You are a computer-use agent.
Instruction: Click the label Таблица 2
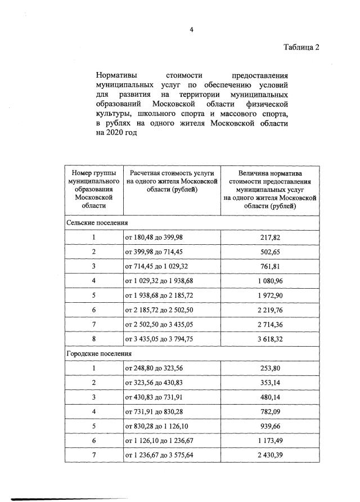302,47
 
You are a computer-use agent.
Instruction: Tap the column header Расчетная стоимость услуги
171,182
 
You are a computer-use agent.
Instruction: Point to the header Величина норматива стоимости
270,190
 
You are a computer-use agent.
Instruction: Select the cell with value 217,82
270,237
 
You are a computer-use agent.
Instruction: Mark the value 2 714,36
270,325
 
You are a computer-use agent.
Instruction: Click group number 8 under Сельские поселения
93,339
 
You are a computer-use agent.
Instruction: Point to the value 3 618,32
270,339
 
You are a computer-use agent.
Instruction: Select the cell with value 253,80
270,369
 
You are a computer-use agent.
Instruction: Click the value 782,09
270,412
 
